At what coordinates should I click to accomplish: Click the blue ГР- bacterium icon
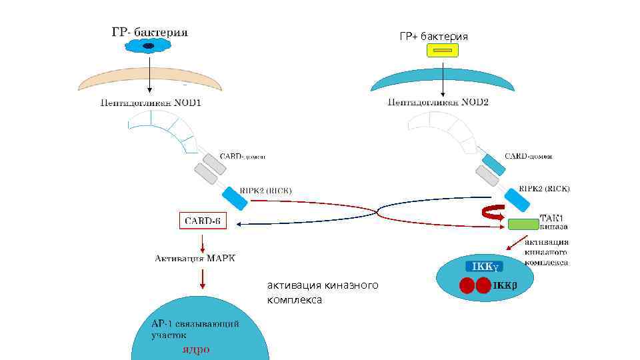coord(149,46)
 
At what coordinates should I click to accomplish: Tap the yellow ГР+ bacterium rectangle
coord(443,51)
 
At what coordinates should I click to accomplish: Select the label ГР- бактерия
coord(149,31)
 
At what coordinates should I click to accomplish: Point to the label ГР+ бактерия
coord(433,36)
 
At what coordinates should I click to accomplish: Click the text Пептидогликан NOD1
coord(150,103)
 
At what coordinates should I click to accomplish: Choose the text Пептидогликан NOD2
coord(438,103)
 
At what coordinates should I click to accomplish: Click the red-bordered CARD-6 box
coord(203,221)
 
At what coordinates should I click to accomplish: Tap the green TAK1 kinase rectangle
coord(523,224)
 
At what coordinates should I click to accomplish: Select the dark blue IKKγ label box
coord(483,267)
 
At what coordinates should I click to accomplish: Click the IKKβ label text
coord(505,285)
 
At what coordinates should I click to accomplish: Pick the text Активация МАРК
coord(195,258)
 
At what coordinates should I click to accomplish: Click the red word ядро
coord(197,349)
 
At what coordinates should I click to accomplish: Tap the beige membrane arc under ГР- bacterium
coord(149,79)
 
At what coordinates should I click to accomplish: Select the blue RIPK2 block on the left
coord(234,198)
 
